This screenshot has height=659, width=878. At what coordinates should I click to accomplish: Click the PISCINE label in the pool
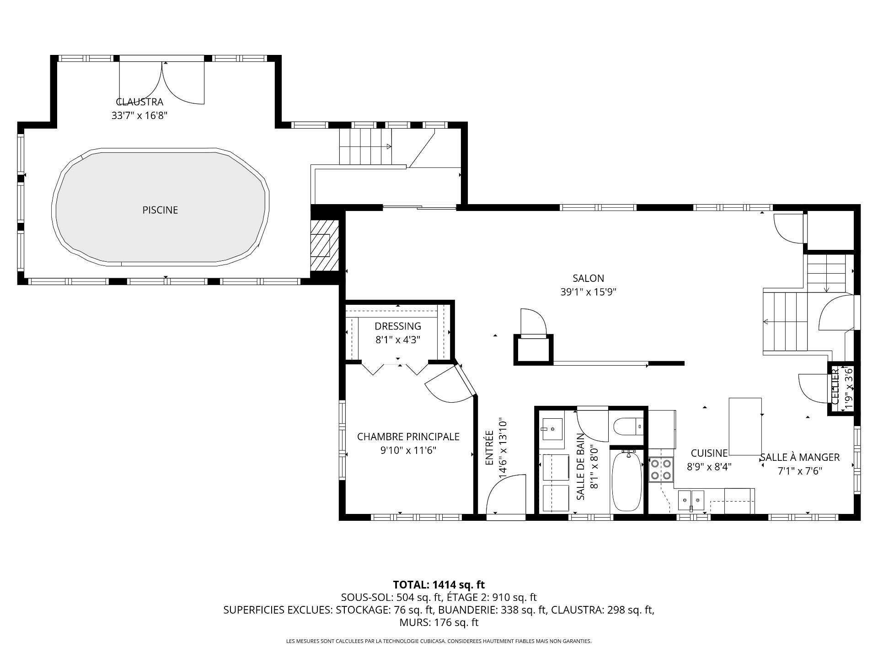coord(160,210)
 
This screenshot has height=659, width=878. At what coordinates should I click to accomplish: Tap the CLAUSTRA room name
coord(139,102)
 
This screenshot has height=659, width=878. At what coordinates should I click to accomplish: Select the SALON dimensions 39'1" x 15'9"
coord(589,292)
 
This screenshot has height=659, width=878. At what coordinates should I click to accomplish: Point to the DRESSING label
coord(398,326)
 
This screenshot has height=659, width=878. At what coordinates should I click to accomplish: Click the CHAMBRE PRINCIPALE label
coord(408,437)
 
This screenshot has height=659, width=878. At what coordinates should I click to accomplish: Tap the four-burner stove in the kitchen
coord(661,470)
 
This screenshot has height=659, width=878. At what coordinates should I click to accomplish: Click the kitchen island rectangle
coord(745,427)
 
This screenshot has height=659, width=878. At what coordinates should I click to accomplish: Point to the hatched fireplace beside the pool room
coord(325,246)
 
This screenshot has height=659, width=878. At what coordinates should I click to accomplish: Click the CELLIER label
coord(835,387)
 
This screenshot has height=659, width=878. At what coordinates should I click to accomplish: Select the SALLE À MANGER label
coord(800,457)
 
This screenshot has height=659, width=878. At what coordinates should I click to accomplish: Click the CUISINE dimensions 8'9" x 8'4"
coord(709,467)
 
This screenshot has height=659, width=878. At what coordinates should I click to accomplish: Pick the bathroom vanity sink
coord(553,429)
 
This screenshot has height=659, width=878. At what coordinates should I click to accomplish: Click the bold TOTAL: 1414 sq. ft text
coord(439,584)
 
